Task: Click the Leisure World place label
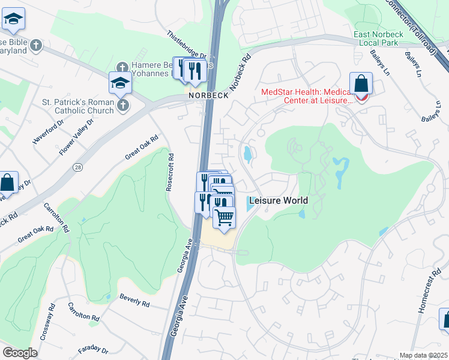click(x=279, y=201)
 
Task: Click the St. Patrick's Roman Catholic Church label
click(x=78, y=106)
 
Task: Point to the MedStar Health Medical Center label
click(x=307, y=96)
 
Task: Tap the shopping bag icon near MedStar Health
click(x=361, y=84)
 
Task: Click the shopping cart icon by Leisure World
click(x=224, y=217)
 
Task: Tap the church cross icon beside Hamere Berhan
click(x=122, y=66)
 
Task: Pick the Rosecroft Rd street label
click(x=170, y=173)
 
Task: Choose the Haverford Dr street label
click(x=48, y=133)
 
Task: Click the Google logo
click(x=20, y=353)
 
